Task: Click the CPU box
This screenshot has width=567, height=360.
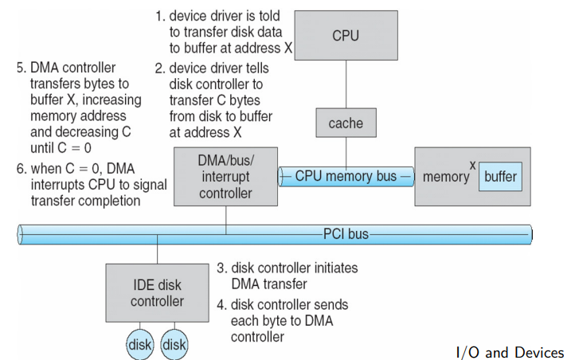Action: [345, 35]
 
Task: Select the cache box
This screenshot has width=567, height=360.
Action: [345, 123]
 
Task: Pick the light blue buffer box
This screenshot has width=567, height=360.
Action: [501, 176]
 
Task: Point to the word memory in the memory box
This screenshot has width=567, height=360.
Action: [445, 177]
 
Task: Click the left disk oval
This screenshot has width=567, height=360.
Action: [141, 345]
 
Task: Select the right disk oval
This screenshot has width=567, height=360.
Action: [174, 345]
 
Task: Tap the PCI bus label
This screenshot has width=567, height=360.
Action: [345, 234]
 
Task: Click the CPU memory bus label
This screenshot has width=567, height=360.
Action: [346, 176]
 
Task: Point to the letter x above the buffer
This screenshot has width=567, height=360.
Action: [472, 165]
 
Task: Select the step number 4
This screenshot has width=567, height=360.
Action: [221, 305]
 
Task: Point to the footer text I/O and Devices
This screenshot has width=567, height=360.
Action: [509, 352]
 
